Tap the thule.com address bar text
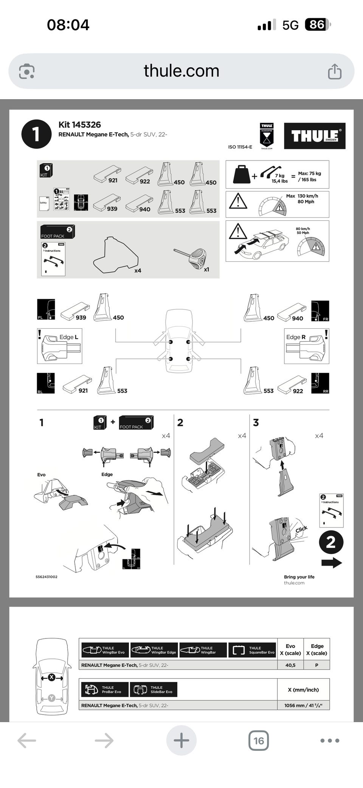point(181,71)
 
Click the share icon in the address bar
point(335,71)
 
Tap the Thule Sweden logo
point(315,136)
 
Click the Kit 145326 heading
point(79,125)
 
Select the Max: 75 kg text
point(309,173)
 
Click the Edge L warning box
point(60,346)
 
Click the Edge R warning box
point(307,346)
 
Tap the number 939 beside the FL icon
point(81,318)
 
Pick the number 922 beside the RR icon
point(298,391)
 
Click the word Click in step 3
point(301,529)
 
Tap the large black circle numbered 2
point(331,542)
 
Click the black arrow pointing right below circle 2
point(332,563)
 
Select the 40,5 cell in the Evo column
point(290,665)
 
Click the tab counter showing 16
point(259,740)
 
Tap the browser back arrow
point(27,740)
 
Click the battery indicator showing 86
point(317,25)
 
